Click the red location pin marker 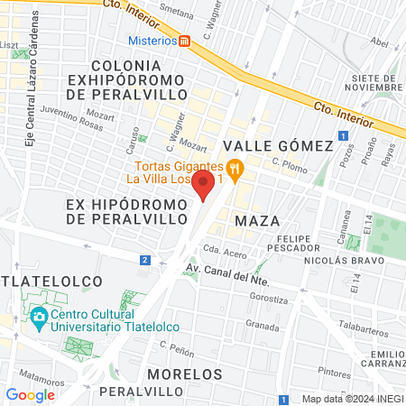204,186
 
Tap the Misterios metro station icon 185,41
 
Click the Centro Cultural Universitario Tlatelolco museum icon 39,318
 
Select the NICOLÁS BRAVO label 337,261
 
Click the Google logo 30,394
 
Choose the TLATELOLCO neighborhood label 50,281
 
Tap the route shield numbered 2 144,260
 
